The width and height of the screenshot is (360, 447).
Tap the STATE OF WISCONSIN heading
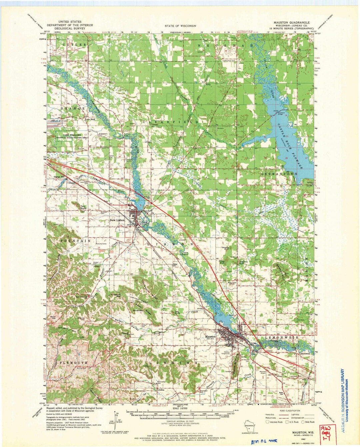180,26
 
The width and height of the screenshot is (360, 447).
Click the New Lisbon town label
116,220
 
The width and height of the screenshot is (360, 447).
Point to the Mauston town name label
211,337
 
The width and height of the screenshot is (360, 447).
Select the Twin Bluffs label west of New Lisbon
83,207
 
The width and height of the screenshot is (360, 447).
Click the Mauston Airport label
263,372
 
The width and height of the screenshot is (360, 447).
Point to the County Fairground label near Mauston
229,353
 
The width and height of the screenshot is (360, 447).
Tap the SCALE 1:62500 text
180,408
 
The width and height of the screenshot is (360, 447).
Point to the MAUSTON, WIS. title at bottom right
289,431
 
